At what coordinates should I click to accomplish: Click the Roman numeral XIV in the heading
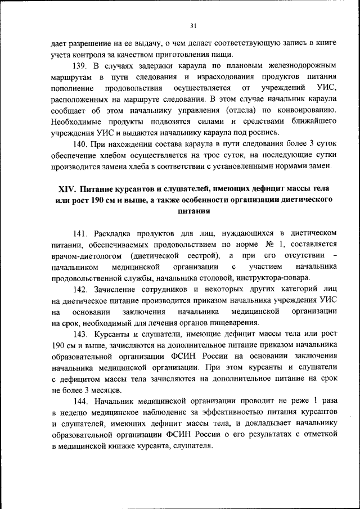tap(69, 188)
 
